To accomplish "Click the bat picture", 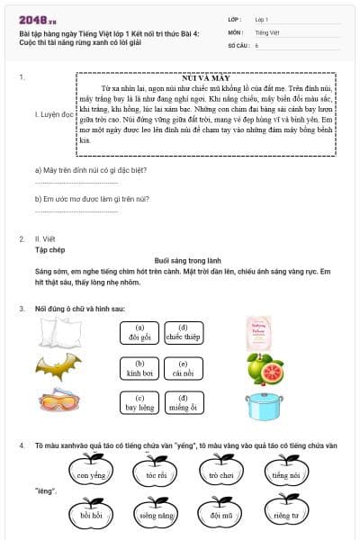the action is tap(52, 367).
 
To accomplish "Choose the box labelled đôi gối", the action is tap(139, 333).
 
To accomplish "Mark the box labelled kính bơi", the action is tap(139, 367).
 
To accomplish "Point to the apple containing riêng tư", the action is tap(286, 515).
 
